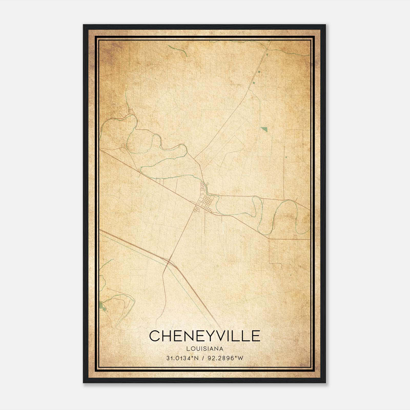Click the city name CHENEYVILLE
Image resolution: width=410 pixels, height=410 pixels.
204,336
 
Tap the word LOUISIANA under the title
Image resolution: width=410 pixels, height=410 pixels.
205,349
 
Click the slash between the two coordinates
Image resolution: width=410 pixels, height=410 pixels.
203,358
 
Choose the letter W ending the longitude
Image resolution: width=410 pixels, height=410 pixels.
240,358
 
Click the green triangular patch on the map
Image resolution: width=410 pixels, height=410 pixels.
264,129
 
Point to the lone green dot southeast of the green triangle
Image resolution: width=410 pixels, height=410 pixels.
286,157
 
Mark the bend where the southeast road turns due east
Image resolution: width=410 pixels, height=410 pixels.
269,239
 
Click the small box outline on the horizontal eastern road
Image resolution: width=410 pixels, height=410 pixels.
295,237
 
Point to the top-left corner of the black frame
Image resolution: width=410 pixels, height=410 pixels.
84,25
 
